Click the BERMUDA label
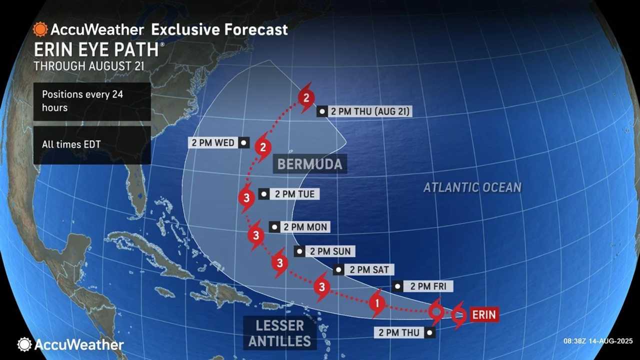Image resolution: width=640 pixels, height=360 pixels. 310,164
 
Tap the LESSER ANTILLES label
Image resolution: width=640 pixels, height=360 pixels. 279,333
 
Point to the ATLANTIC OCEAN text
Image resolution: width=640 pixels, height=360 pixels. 472,187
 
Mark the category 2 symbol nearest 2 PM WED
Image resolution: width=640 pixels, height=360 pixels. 262,147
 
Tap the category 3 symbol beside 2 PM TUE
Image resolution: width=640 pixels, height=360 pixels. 246,198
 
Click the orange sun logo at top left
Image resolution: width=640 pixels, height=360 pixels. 39,29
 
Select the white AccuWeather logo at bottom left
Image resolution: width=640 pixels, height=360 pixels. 70,344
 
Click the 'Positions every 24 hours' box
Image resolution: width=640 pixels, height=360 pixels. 92,101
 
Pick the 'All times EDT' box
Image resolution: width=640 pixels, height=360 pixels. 92,144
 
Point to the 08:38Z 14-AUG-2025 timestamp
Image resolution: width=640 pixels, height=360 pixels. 597,340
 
